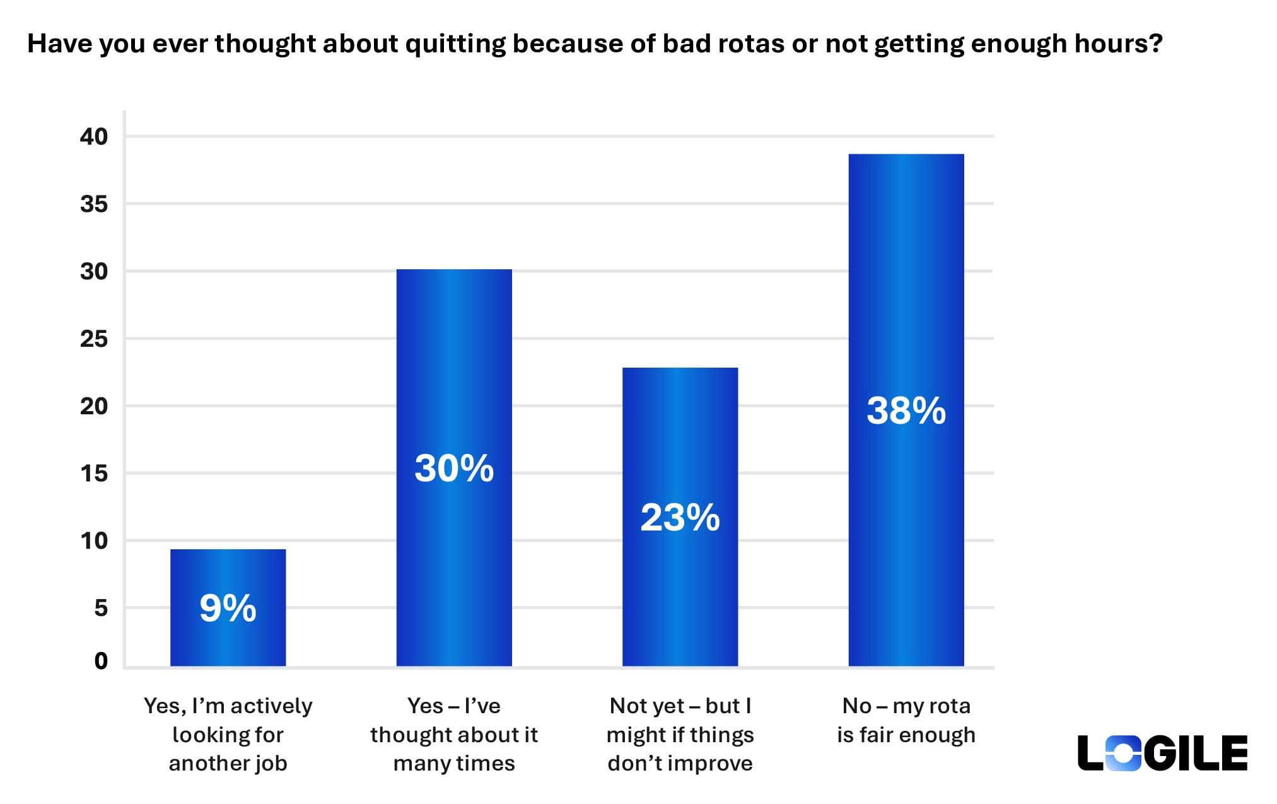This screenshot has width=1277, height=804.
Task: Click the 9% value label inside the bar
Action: click(x=228, y=609)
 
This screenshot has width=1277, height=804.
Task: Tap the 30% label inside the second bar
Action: click(x=453, y=469)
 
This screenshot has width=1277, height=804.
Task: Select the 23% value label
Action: click(x=680, y=518)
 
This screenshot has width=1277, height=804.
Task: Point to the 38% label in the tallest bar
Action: click(x=906, y=411)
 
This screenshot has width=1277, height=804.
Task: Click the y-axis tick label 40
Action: click(x=94, y=137)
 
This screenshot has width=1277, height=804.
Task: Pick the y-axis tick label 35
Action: click(x=94, y=204)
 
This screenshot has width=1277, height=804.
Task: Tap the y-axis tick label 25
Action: click(x=94, y=339)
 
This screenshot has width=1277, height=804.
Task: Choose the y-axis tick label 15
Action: click(x=94, y=474)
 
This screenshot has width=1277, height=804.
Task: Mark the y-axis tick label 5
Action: click(x=101, y=609)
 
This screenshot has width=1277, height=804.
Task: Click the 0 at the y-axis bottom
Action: click(x=101, y=661)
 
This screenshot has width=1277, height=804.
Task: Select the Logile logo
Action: click(x=1162, y=753)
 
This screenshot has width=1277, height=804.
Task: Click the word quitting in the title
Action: click(x=455, y=44)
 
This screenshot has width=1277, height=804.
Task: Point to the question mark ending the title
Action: click(x=1155, y=44)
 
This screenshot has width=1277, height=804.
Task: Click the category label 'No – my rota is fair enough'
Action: click(x=906, y=720)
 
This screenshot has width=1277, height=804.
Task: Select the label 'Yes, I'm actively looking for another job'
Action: click(x=228, y=735)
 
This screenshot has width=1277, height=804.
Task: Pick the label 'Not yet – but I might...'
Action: click(x=680, y=735)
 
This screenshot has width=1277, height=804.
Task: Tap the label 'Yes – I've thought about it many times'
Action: click(x=453, y=735)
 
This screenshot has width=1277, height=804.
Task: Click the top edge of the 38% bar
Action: click(x=906, y=155)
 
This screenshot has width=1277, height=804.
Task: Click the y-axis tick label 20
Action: click(x=94, y=406)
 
